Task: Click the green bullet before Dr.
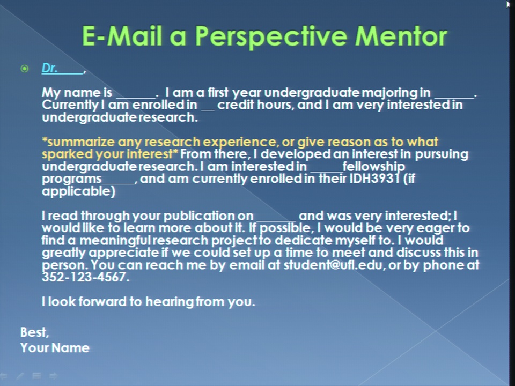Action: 24,69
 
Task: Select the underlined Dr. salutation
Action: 62,68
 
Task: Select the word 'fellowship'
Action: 373,166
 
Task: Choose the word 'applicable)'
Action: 78,191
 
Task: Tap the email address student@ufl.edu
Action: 333,264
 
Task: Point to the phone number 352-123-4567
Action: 84,277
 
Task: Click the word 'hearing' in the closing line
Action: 169,302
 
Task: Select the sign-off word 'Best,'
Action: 34,332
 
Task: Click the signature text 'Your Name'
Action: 55,348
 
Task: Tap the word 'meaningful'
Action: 115,241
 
